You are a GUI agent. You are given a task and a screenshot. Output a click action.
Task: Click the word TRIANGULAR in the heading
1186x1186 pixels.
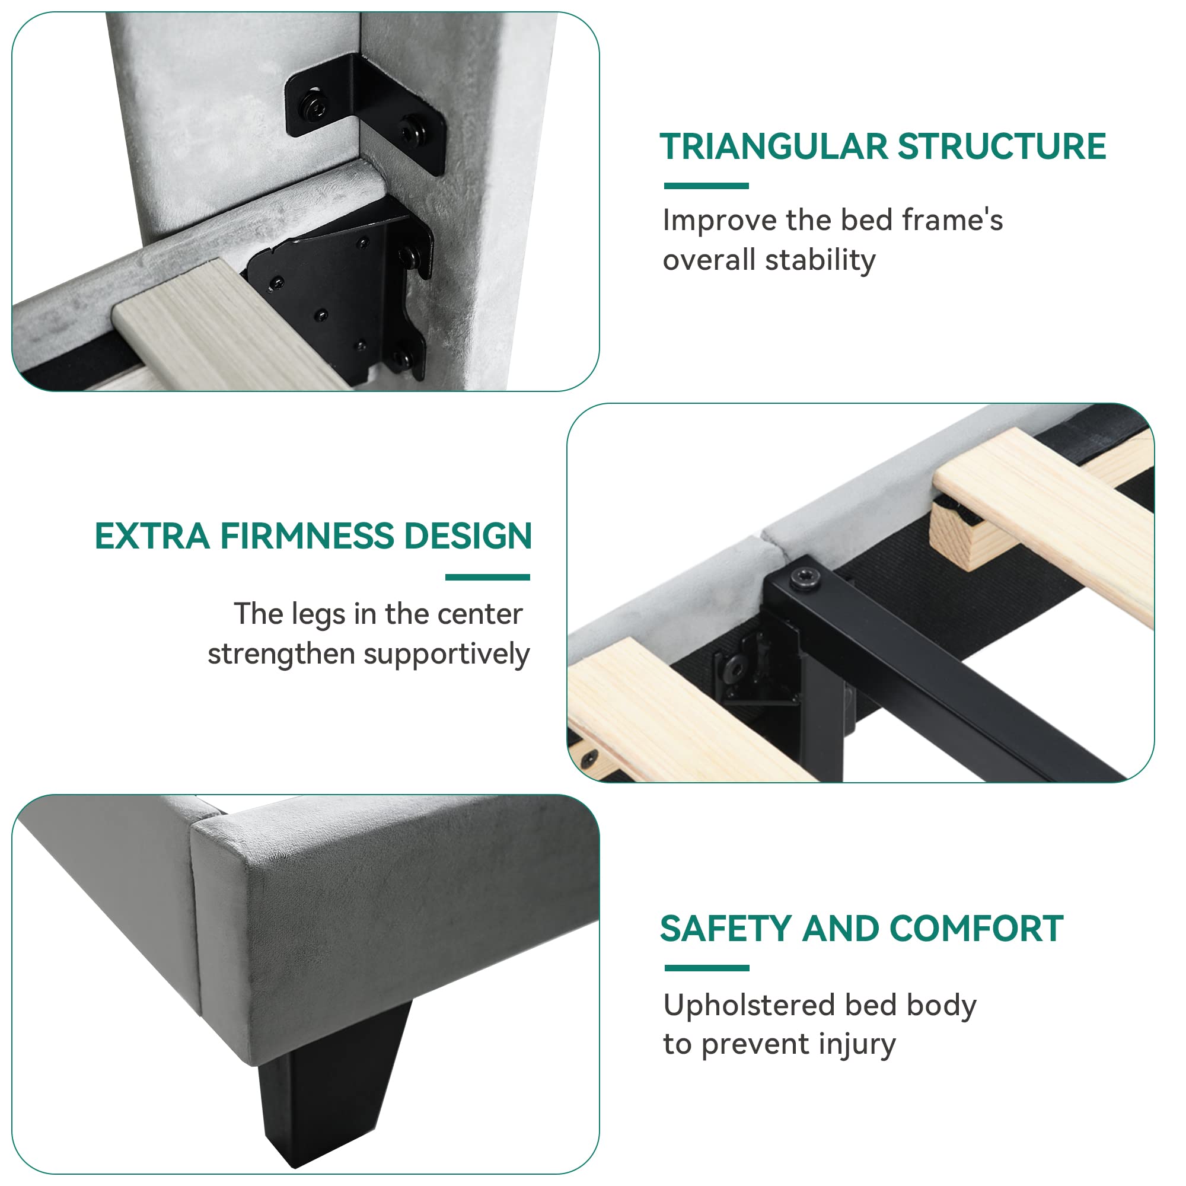pyautogui.click(x=774, y=146)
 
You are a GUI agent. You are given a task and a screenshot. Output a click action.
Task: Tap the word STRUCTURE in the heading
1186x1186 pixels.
pyautogui.click(x=1002, y=146)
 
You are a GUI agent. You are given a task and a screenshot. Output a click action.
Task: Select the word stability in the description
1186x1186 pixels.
pyautogui.click(x=821, y=260)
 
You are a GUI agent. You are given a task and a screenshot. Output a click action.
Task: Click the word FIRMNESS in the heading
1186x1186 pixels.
pyautogui.click(x=308, y=536)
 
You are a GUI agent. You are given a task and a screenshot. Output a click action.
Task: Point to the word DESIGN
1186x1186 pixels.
pyautogui.click(x=468, y=536)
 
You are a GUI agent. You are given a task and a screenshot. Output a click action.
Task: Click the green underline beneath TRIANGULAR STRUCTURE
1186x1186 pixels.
pyautogui.click(x=707, y=186)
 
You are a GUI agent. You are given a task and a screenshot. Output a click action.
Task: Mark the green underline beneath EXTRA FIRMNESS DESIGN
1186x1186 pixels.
pyautogui.click(x=487, y=577)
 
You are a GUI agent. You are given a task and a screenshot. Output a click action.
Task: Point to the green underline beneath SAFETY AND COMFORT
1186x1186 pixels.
pyautogui.click(x=707, y=968)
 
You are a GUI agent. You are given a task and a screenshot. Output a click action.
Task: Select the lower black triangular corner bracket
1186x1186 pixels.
pyautogui.click(x=344, y=289)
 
